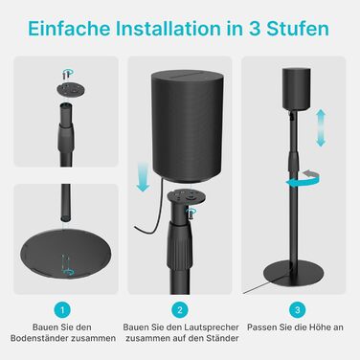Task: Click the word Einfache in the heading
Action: click(69, 29)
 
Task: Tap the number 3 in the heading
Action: click(255, 29)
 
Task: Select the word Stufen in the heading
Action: click(298, 29)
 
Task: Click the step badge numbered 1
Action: click(62, 309)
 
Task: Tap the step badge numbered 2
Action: click(180, 309)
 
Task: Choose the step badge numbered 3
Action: click(298, 309)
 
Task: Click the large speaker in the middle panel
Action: click(187, 126)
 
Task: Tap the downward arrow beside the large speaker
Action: click(143, 176)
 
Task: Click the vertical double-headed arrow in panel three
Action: click(321, 128)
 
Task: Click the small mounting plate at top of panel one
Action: click(72, 89)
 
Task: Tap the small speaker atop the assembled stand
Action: click(297, 88)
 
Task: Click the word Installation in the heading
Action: click(168, 29)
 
